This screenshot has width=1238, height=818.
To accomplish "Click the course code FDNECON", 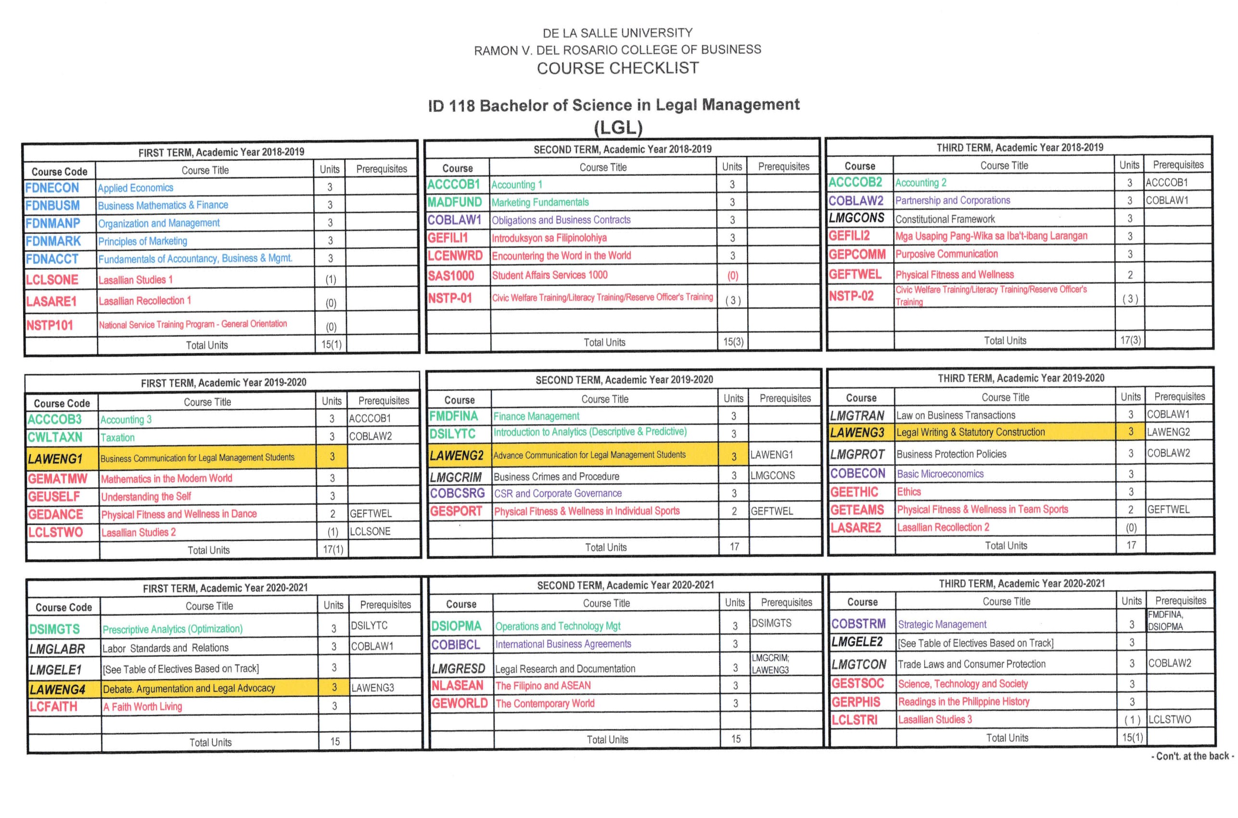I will point(52,188).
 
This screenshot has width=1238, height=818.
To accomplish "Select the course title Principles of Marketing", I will point(142,241).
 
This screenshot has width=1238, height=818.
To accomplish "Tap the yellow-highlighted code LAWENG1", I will point(55,459).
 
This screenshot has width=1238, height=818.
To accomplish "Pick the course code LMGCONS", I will point(856,218).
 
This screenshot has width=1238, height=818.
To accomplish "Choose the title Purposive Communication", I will point(946,255).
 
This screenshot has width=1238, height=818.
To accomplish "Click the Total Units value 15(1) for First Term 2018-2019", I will point(331,345).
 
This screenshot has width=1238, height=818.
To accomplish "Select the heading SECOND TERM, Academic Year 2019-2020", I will point(624,380).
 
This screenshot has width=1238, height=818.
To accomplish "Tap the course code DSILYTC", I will point(452,434).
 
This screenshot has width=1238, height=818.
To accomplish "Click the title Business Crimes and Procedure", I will point(556,476).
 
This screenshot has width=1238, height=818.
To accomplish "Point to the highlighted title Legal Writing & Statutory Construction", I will point(970,433).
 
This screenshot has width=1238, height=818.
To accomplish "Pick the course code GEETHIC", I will point(854,492).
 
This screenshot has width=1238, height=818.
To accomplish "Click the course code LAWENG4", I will point(57,690).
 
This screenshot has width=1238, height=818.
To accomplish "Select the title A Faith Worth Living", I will point(142,707).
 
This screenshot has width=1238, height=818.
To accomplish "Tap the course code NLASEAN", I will point(457,686).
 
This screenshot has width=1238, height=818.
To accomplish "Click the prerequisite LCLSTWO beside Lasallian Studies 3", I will point(1170,719).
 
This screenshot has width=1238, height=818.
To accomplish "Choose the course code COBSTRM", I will point(858,624).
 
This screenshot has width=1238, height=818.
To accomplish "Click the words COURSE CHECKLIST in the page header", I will point(618,68).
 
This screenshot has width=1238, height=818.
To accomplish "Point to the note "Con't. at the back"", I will point(1192,756).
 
